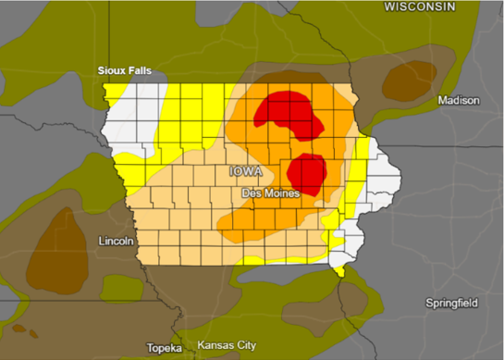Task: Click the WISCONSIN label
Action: (x=420, y=7)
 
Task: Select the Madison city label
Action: (x=459, y=100)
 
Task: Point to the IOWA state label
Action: (x=245, y=172)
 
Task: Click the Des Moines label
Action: (x=268, y=193)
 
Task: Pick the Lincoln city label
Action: (x=117, y=242)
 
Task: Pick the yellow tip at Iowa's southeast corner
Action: (x=340, y=269)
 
